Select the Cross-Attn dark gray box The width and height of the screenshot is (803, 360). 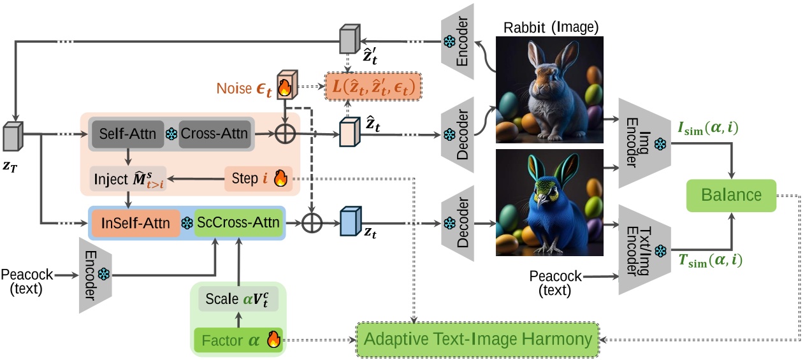[x=215, y=134]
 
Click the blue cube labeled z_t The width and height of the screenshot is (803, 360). [x=350, y=221]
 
